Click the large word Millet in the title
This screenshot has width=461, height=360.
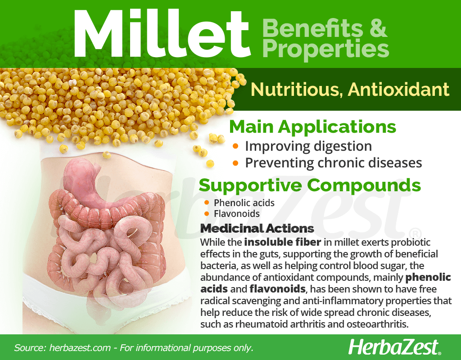[162, 34]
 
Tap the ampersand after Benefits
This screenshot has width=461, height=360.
[378, 28]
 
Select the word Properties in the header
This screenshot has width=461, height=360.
[326, 49]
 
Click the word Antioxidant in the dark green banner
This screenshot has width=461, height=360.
[399, 90]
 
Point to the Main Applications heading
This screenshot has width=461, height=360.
[312, 127]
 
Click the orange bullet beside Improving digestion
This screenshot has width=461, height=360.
[235, 146]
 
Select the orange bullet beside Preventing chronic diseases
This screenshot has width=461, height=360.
[235, 162]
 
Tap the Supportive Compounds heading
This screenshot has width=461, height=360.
[310, 185]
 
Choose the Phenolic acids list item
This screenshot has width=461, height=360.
[244, 203]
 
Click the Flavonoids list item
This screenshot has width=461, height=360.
[237, 214]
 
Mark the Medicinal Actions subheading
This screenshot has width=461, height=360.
[257, 228]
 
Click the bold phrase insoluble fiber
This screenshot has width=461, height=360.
[283, 242]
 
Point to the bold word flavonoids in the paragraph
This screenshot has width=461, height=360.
[277, 289]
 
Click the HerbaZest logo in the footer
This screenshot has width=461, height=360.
[394, 347]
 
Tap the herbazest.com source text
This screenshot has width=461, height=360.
[80, 348]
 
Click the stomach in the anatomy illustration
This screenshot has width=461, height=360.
[88, 182]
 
